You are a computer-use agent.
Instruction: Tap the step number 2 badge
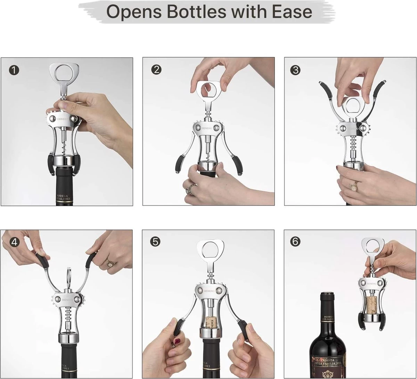tap(156, 69)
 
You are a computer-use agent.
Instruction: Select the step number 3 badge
tap(295, 70)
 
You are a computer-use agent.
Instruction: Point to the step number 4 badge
tap(14, 242)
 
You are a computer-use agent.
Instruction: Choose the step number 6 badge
tap(295, 242)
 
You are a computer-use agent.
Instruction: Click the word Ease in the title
tap(293, 11)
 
